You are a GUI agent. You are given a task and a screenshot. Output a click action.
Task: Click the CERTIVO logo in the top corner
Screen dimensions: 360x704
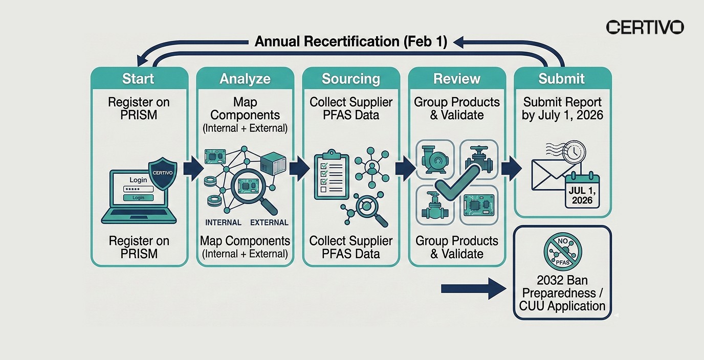point(645,27)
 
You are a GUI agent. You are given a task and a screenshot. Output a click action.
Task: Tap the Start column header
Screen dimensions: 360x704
point(138,79)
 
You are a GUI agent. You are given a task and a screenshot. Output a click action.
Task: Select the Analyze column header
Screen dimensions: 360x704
point(245,79)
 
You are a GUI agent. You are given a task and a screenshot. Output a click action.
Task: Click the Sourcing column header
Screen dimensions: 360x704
point(350,79)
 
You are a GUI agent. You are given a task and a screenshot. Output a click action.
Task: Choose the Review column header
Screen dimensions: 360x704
point(456,79)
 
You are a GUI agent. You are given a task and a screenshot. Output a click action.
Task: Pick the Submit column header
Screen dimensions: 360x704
point(561,79)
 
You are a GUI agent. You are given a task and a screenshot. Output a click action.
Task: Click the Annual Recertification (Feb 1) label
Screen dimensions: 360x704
point(351,42)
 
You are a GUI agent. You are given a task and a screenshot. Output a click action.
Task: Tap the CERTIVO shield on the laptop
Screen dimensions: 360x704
point(162,173)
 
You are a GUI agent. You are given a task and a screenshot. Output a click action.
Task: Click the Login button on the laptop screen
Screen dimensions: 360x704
point(138,197)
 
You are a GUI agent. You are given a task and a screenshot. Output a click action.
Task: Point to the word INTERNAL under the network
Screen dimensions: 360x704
point(223,222)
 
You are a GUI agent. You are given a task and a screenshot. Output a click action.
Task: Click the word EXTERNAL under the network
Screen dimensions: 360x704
point(269,222)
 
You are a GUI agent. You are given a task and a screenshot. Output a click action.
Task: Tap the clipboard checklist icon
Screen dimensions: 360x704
point(331,175)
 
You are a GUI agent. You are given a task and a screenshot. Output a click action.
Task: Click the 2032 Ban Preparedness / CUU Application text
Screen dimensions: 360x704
point(562,293)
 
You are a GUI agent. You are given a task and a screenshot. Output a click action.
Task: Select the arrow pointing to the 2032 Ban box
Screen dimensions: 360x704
point(473,289)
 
